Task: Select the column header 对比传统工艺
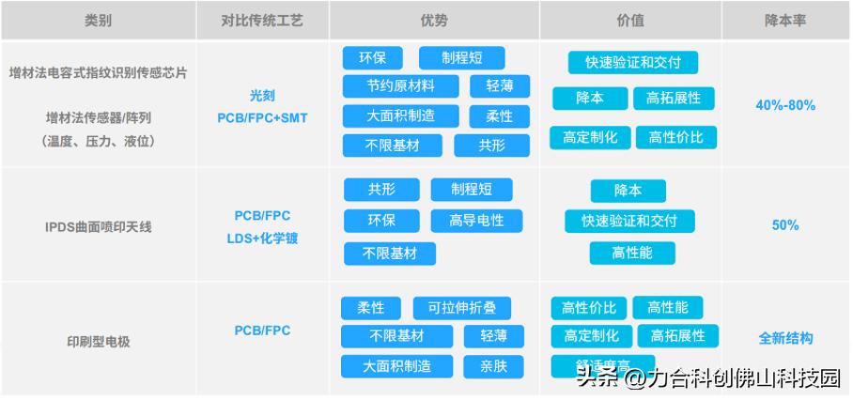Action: click(x=261, y=20)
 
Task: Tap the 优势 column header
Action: click(x=434, y=20)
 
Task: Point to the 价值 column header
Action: click(x=630, y=20)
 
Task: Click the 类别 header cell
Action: click(x=98, y=20)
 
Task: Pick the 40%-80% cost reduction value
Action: click(x=785, y=105)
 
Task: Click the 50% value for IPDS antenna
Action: click(x=785, y=225)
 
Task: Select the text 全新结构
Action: click(x=785, y=338)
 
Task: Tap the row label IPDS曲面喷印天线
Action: click(x=99, y=226)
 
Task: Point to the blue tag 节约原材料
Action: click(x=401, y=86)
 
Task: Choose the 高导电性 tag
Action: click(x=476, y=221)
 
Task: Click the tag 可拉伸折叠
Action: click(x=461, y=307)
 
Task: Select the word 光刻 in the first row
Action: click(x=262, y=97)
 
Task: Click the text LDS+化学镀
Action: click(x=262, y=238)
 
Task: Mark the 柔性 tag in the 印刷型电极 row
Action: click(x=371, y=307)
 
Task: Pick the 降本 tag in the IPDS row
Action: click(x=628, y=191)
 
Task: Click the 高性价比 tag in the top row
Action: click(x=675, y=137)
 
